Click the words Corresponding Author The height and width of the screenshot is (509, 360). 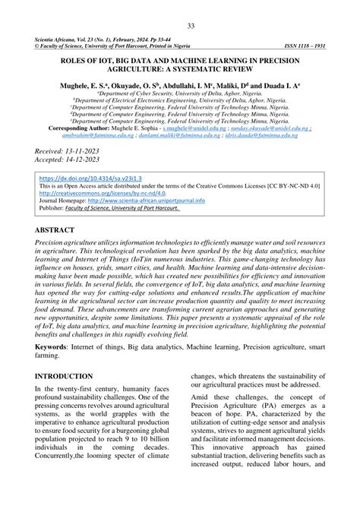pyautogui.click(x=71, y=129)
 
